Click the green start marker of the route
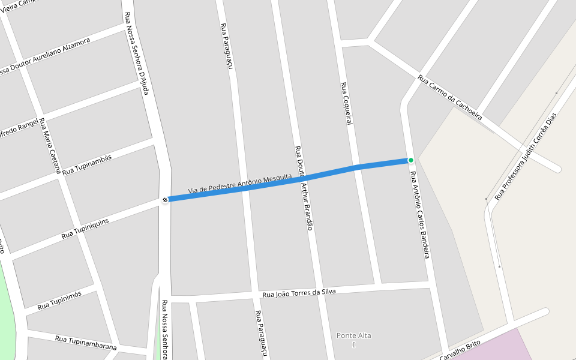pos(411,160)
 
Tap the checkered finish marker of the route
pos(165,199)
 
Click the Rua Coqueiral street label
pos(345,103)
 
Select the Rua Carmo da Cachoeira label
pos(450,98)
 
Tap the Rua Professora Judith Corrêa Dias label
pos(526,156)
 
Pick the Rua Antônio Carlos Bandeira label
pos(420,215)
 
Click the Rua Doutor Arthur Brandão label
pos(304,188)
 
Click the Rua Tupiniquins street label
pos(85,229)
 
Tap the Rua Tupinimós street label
pos(59,302)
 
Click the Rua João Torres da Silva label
pos(299,293)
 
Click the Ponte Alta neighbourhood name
pos(354,335)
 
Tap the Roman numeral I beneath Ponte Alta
pos(354,344)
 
